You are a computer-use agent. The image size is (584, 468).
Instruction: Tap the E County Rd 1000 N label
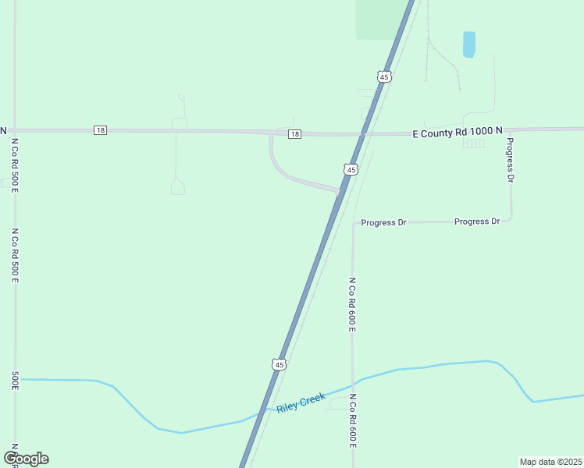point(457,133)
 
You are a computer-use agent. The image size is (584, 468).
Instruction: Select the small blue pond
point(468,44)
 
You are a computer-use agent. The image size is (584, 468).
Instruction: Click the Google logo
point(26,458)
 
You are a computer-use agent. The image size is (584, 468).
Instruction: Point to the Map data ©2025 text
point(550,462)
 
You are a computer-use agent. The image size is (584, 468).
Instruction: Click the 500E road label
point(15,379)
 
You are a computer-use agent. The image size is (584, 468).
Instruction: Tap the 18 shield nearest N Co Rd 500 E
point(99,129)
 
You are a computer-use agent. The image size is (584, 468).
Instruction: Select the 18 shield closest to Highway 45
point(294,134)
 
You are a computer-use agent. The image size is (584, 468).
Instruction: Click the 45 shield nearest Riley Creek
point(280,363)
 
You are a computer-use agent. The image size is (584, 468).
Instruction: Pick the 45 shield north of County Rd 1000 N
point(383,76)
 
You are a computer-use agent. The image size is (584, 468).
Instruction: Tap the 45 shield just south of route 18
point(351,169)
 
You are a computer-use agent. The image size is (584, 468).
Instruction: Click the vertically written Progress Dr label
point(510,159)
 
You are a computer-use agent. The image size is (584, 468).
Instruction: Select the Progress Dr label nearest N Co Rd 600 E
point(383,222)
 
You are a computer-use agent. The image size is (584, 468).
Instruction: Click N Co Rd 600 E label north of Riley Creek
point(352,304)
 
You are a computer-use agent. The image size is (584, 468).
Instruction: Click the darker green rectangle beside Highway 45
point(377,19)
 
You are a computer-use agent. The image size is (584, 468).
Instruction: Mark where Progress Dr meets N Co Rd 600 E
point(354,224)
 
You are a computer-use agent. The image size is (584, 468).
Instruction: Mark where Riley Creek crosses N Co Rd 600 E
point(353,383)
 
